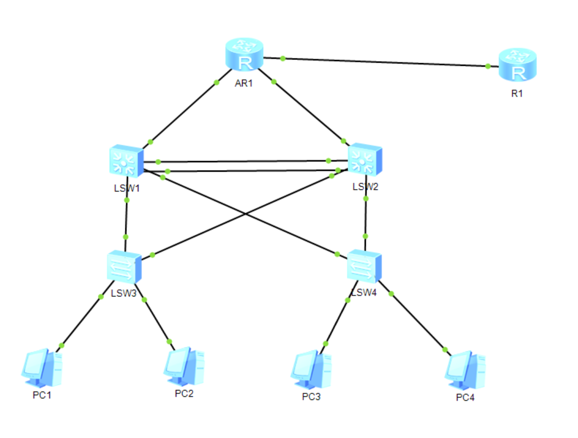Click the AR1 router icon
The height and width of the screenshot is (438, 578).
[x=244, y=54]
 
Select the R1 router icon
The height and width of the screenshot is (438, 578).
[x=517, y=65]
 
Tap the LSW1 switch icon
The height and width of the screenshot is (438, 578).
[x=126, y=161]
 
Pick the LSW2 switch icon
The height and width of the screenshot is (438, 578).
[x=365, y=160]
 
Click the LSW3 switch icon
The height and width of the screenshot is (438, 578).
[x=124, y=267]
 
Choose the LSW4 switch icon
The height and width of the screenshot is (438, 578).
[x=364, y=266]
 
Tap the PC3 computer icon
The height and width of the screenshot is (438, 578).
[x=311, y=370]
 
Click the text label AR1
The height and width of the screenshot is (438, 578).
[x=244, y=83]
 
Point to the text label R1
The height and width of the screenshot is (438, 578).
[x=517, y=94]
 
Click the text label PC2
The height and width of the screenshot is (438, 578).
[x=184, y=393]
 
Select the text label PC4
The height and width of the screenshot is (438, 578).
[x=465, y=397]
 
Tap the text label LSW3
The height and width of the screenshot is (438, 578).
[x=124, y=293]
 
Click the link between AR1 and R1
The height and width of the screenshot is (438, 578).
[x=381, y=62]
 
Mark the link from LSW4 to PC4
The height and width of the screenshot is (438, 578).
[x=415, y=318]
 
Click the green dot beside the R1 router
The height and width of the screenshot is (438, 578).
[x=488, y=66]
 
